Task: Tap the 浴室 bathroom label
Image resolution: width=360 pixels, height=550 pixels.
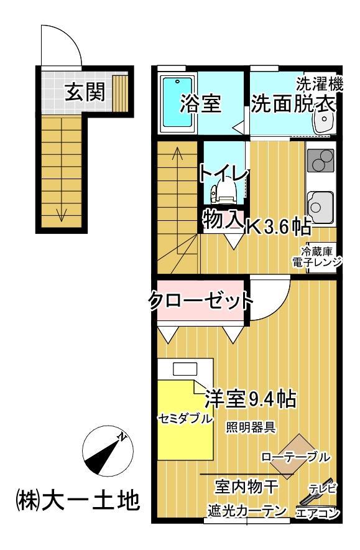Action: [x=200, y=103]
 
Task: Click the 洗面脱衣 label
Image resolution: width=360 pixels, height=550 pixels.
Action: [x=293, y=104]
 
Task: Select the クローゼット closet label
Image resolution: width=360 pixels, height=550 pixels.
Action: [x=200, y=302]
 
